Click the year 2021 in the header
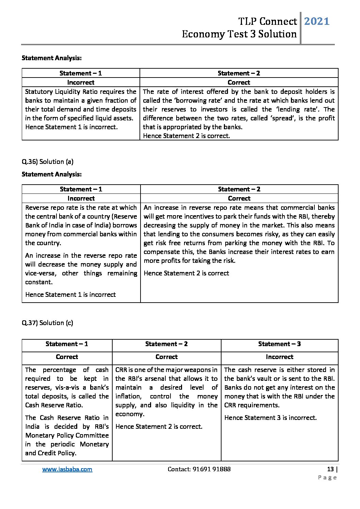[316, 21]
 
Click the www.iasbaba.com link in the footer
[67, 469]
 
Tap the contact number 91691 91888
[211, 469]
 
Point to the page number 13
[330, 469]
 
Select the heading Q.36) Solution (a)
[47, 162]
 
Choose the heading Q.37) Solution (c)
[47, 323]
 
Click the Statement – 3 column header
[279, 344]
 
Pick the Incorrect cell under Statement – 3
[279, 357]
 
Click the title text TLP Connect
[267, 21]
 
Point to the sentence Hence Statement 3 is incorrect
[271, 418]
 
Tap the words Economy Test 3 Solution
[239, 34]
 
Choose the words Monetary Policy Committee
[67, 435]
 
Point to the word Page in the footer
[327, 477]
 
